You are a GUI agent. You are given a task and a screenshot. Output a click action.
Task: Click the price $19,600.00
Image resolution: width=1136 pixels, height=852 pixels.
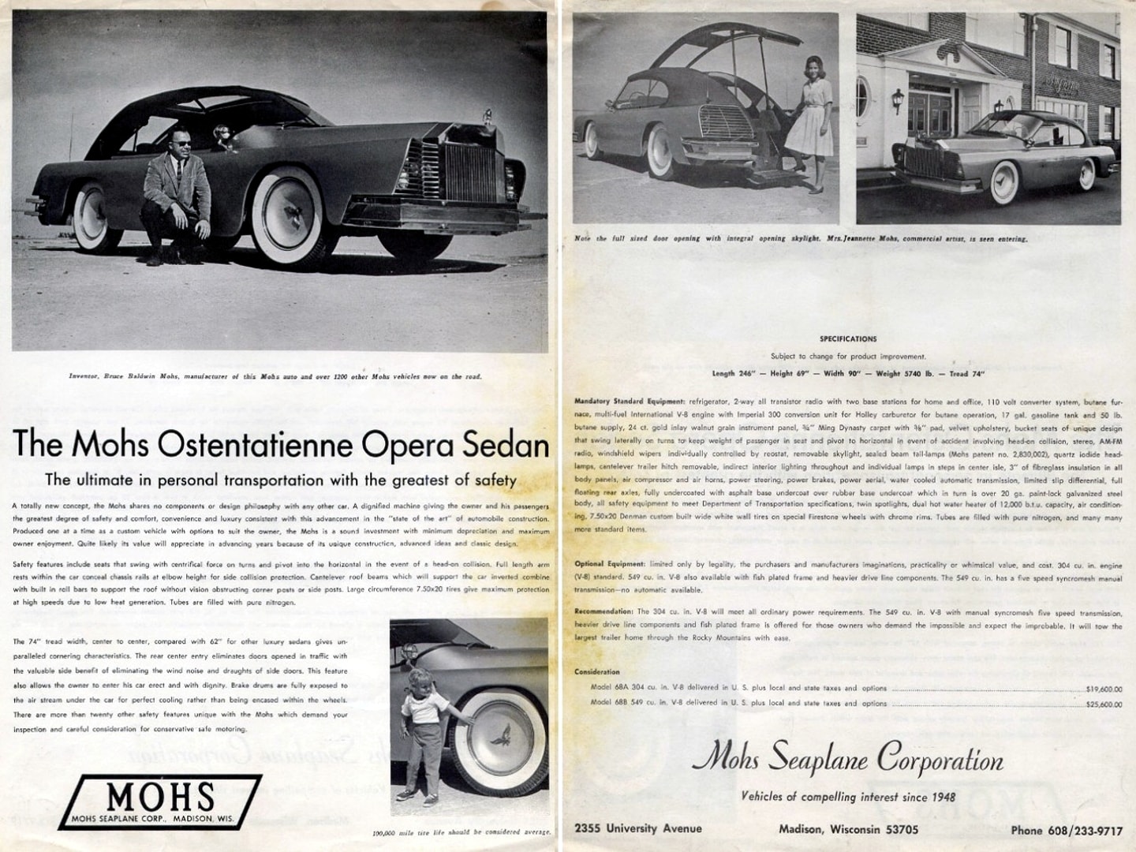pos(1104,689)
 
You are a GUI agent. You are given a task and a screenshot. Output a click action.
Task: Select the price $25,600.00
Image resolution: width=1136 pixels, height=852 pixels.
pos(1104,704)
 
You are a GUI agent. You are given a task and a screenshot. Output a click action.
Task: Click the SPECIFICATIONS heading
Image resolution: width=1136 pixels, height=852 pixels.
pos(848,339)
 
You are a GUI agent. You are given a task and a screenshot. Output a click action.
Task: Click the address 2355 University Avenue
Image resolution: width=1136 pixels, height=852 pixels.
pos(638,828)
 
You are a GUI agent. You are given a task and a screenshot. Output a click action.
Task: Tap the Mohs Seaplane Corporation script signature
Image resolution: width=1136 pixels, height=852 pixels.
pos(848,760)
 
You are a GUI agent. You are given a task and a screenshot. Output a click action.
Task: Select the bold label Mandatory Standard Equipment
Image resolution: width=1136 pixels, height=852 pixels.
pos(630,402)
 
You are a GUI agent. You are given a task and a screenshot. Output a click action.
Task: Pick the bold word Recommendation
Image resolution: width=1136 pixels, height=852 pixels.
pos(603,612)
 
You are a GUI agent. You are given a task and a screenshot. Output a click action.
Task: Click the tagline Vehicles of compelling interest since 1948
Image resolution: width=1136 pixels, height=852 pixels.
pos(848,797)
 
